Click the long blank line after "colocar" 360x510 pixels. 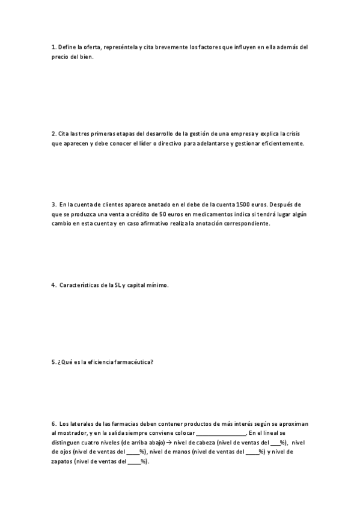221,434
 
